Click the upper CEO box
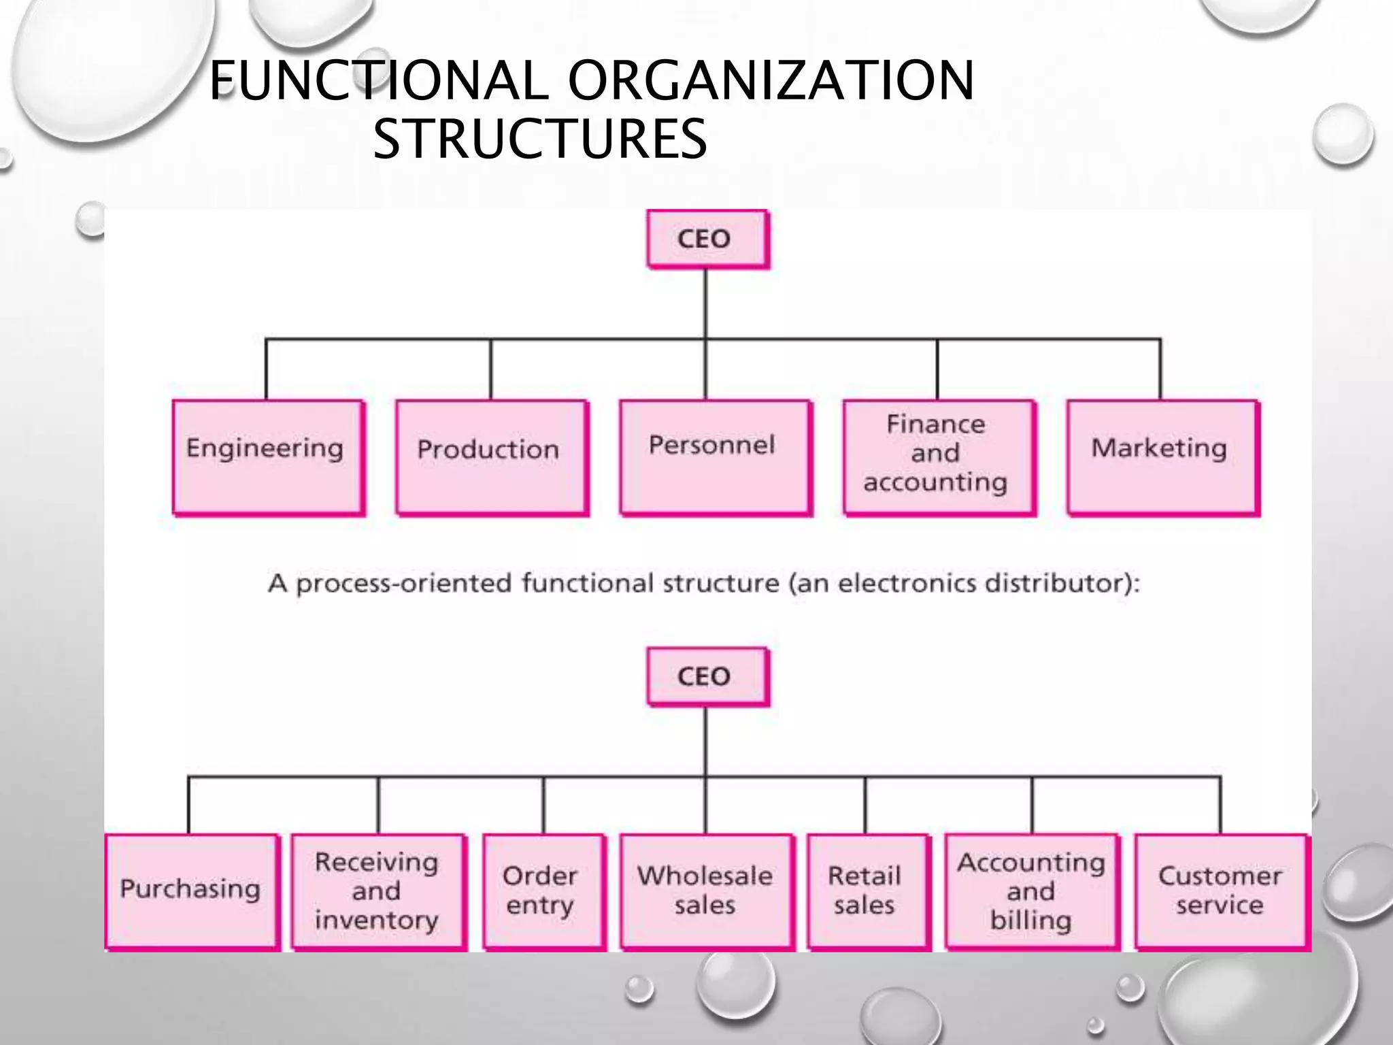[707, 239]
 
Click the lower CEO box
[707, 676]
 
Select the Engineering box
[267, 457]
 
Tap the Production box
[491, 457]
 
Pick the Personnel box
[715, 457]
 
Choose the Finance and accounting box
[938, 457]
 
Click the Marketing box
[1162, 457]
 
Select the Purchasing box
[192, 890]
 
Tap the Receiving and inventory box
[378, 890]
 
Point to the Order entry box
[543, 890]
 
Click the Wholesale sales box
[706, 890]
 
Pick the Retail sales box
[867, 890]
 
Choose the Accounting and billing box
[1032, 890]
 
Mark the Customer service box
[1221, 890]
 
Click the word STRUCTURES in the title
[540, 139]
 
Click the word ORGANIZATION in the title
[771, 80]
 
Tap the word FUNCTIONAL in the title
[378, 80]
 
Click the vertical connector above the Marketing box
[1160, 369]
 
